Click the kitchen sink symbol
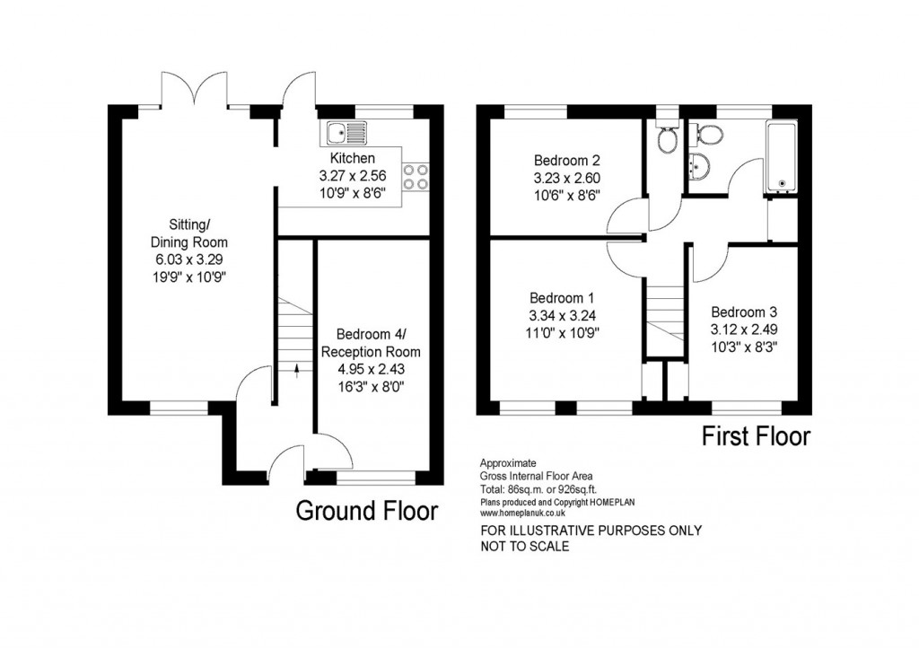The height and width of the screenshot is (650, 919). click(346, 134)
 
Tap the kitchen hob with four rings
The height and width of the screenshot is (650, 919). click(416, 176)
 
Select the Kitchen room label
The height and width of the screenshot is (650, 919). click(352, 159)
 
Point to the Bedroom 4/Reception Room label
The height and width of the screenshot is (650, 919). click(370, 343)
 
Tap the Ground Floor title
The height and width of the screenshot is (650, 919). click(367, 512)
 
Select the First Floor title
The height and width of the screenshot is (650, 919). click(756, 437)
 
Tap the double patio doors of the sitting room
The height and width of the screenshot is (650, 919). click(195, 87)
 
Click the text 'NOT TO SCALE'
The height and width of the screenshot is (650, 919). click(525, 546)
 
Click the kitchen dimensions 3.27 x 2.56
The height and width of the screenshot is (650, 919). click(352, 176)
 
